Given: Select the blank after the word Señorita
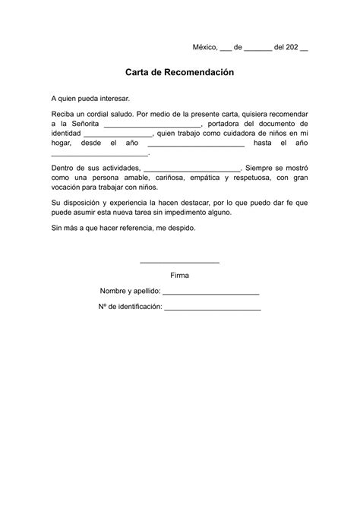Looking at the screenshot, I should point(153,125).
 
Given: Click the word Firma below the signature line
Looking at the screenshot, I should point(180,275).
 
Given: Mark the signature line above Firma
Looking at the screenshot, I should point(180,262).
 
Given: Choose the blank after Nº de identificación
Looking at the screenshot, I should point(213,308).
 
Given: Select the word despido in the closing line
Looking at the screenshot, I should point(180,228).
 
